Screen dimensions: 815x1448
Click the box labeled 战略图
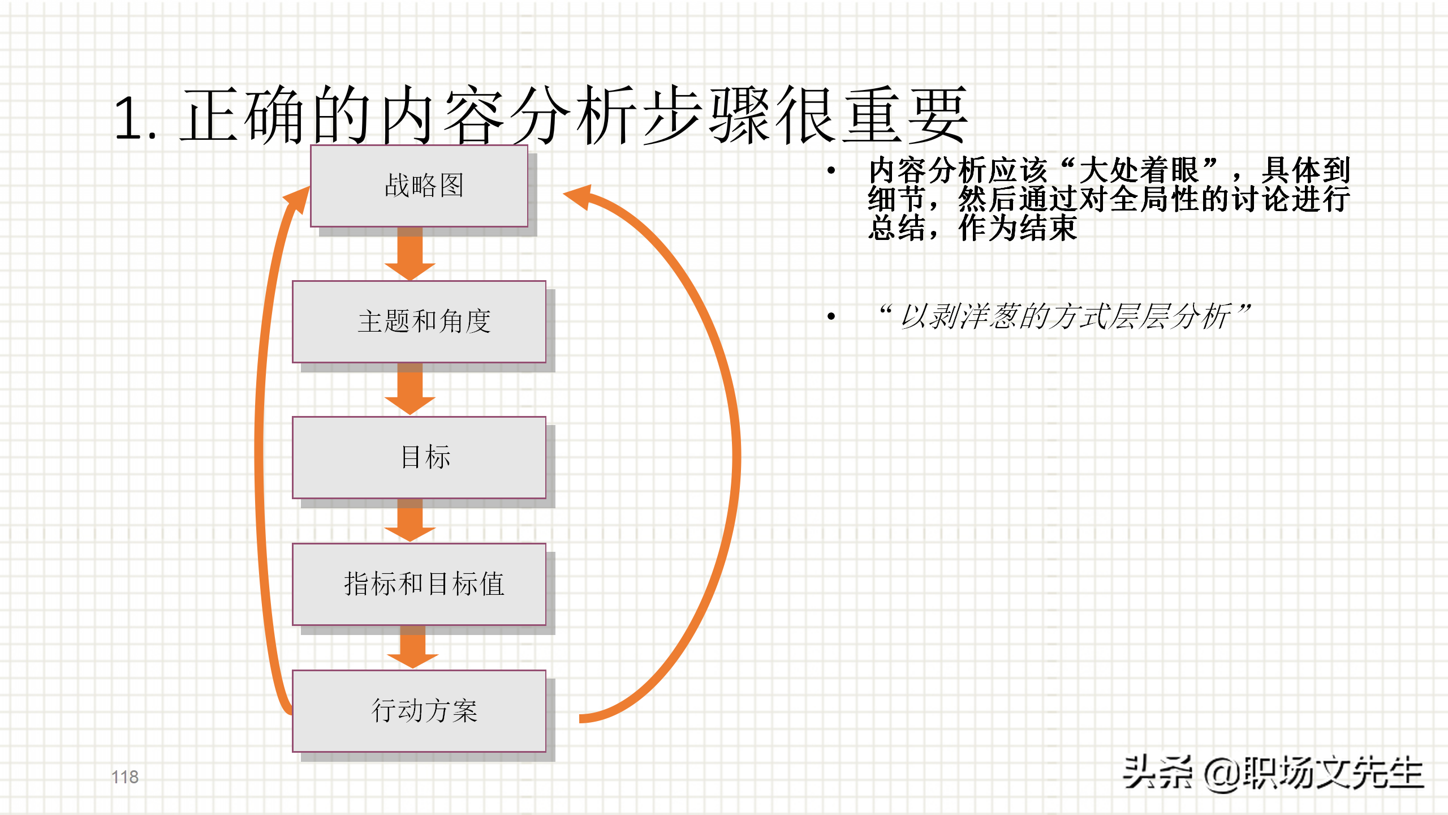point(419,186)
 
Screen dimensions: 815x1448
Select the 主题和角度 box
point(419,321)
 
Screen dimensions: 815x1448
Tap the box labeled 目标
point(419,457)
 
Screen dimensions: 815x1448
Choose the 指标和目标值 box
point(419,584)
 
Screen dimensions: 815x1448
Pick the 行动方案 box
point(419,711)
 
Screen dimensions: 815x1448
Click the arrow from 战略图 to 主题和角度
point(410,255)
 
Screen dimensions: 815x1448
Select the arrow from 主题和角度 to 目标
point(410,391)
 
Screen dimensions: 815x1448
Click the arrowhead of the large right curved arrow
point(580,196)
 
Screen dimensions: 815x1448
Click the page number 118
point(125,777)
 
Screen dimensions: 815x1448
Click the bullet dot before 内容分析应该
point(831,170)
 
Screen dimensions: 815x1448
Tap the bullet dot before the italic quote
point(831,316)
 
